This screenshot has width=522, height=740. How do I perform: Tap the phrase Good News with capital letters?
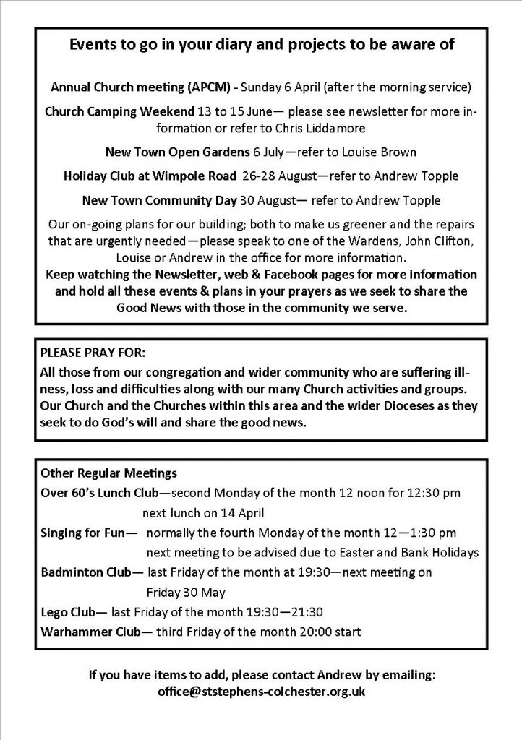coord(149,307)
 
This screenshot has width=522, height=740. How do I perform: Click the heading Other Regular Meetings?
coord(98,474)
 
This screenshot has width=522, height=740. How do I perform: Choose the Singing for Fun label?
coord(84,533)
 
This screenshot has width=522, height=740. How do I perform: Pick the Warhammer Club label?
coord(90,632)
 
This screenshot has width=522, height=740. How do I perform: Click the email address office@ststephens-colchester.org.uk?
coord(260,692)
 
